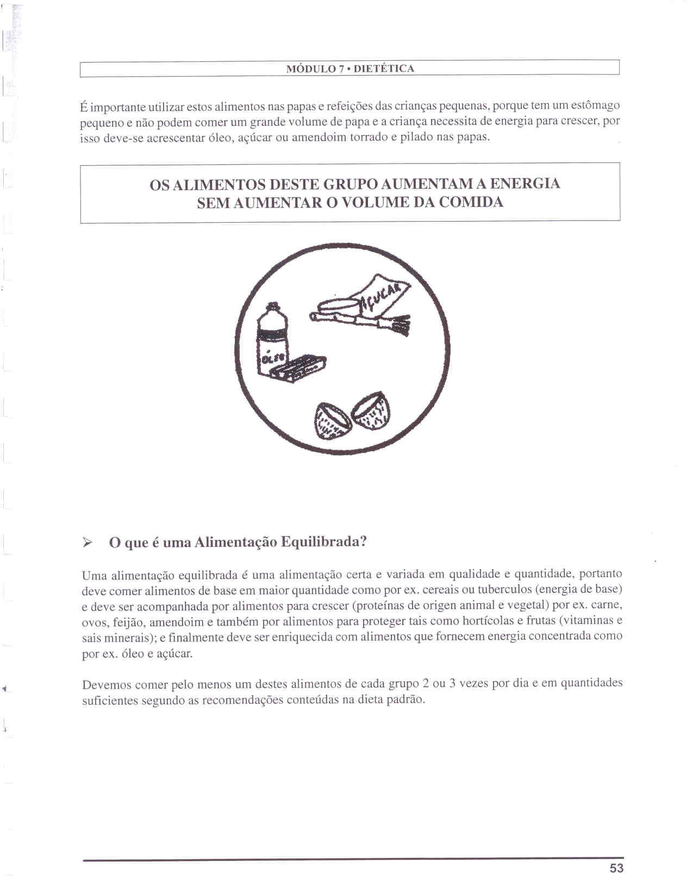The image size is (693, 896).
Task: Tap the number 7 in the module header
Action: tap(341, 69)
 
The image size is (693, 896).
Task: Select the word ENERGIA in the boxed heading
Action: tap(525, 184)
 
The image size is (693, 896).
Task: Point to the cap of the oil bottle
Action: tap(271, 312)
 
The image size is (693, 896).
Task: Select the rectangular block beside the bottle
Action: tap(299, 369)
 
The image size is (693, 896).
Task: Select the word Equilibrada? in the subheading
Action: tap(324, 542)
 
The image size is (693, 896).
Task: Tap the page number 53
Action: tap(616, 868)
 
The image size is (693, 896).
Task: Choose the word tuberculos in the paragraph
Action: tap(504, 590)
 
